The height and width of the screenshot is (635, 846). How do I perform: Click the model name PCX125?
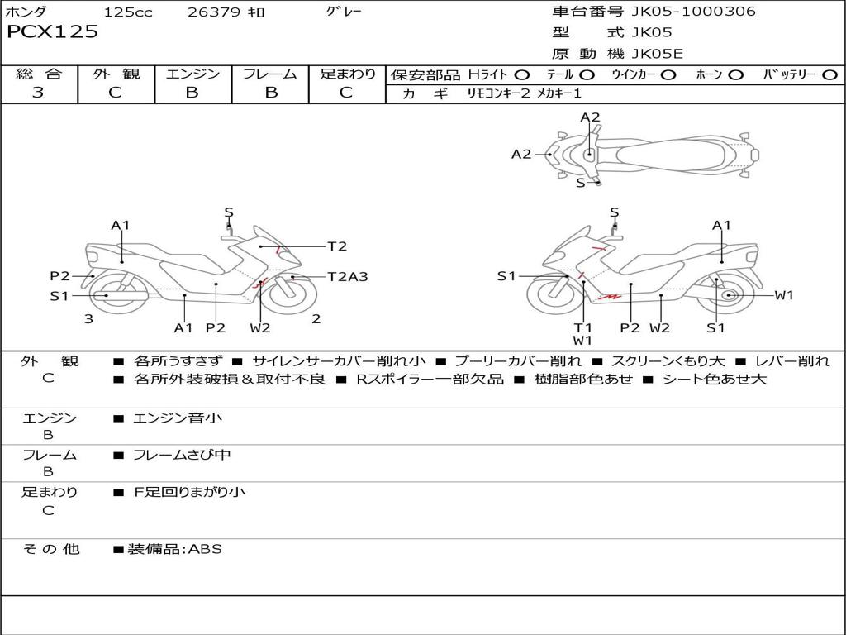52,32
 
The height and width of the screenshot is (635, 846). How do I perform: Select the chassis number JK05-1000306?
682,12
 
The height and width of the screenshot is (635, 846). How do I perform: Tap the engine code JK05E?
657,55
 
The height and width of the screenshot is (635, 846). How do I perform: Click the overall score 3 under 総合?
38,93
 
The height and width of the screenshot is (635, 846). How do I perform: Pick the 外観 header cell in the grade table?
116,74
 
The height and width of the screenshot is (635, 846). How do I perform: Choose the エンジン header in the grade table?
192,74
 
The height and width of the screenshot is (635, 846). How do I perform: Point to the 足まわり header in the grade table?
347,74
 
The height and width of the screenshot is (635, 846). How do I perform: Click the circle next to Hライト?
522,75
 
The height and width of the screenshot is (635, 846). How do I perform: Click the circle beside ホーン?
735,75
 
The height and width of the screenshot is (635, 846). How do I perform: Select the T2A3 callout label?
347,277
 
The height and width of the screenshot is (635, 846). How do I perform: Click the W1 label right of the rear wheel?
783,295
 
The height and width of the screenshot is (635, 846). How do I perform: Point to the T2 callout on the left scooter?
337,246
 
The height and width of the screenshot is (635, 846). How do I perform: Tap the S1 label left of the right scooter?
506,276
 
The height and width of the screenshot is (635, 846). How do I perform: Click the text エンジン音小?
178,418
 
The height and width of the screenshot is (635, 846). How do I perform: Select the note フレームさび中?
182,455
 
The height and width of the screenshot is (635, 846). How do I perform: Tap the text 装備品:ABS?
174,549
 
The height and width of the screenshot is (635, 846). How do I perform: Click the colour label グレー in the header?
344,12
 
